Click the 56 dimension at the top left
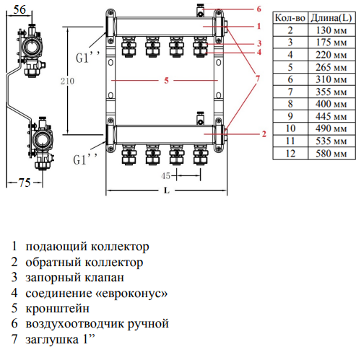coord(19,9)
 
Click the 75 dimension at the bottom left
coord(25,183)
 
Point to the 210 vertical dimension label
coord(67,81)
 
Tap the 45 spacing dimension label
coord(165,176)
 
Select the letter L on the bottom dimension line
coord(167,190)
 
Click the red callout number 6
coord(258,9)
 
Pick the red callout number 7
coord(258,79)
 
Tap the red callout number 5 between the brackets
coord(166,81)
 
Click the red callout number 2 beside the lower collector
coord(264,134)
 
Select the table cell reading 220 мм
coord(331,55)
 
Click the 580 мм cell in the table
coord(331,154)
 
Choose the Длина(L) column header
coord(331,18)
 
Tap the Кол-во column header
coord(290,18)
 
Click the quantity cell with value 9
coord(290,116)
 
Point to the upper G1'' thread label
coord(87,57)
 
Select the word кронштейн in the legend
coord(57,309)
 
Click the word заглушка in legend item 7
coord(52,340)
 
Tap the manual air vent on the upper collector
coord(200,11)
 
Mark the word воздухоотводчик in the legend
coord(75,324)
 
